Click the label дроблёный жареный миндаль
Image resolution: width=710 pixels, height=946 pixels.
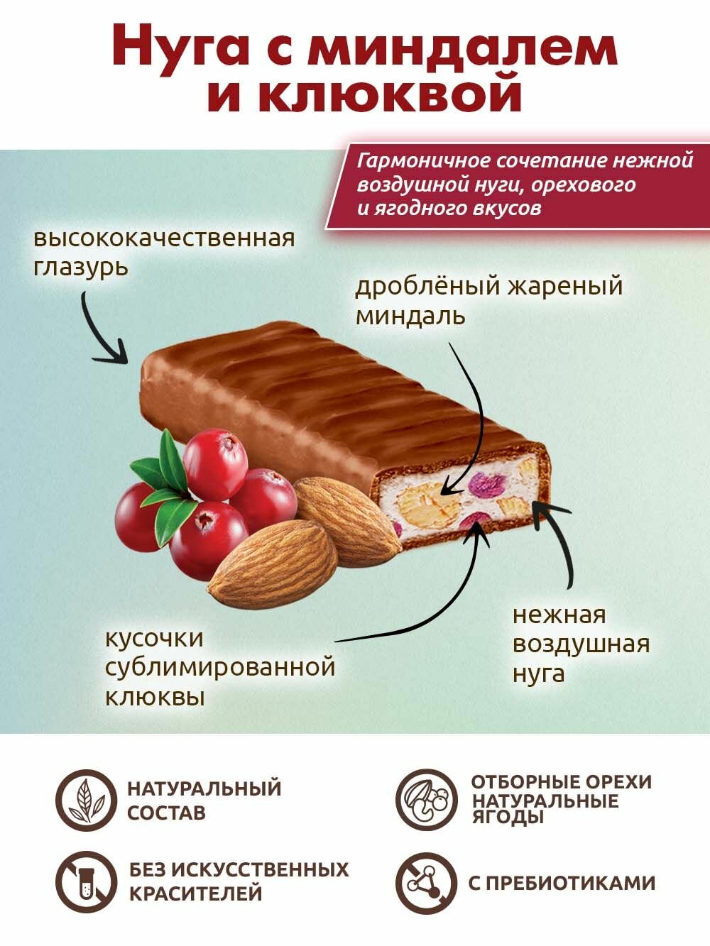click(x=488, y=301)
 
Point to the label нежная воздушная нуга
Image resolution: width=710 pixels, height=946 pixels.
click(x=581, y=644)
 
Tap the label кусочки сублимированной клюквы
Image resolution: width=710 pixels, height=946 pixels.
click(x=220, y=667)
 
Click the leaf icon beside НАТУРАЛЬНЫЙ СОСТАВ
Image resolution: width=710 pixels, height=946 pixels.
click(x=84, y=800)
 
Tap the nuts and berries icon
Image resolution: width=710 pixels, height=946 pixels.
click(x=425, y=800)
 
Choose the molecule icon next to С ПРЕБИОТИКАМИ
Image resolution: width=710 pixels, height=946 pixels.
click(x=425, y=882)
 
